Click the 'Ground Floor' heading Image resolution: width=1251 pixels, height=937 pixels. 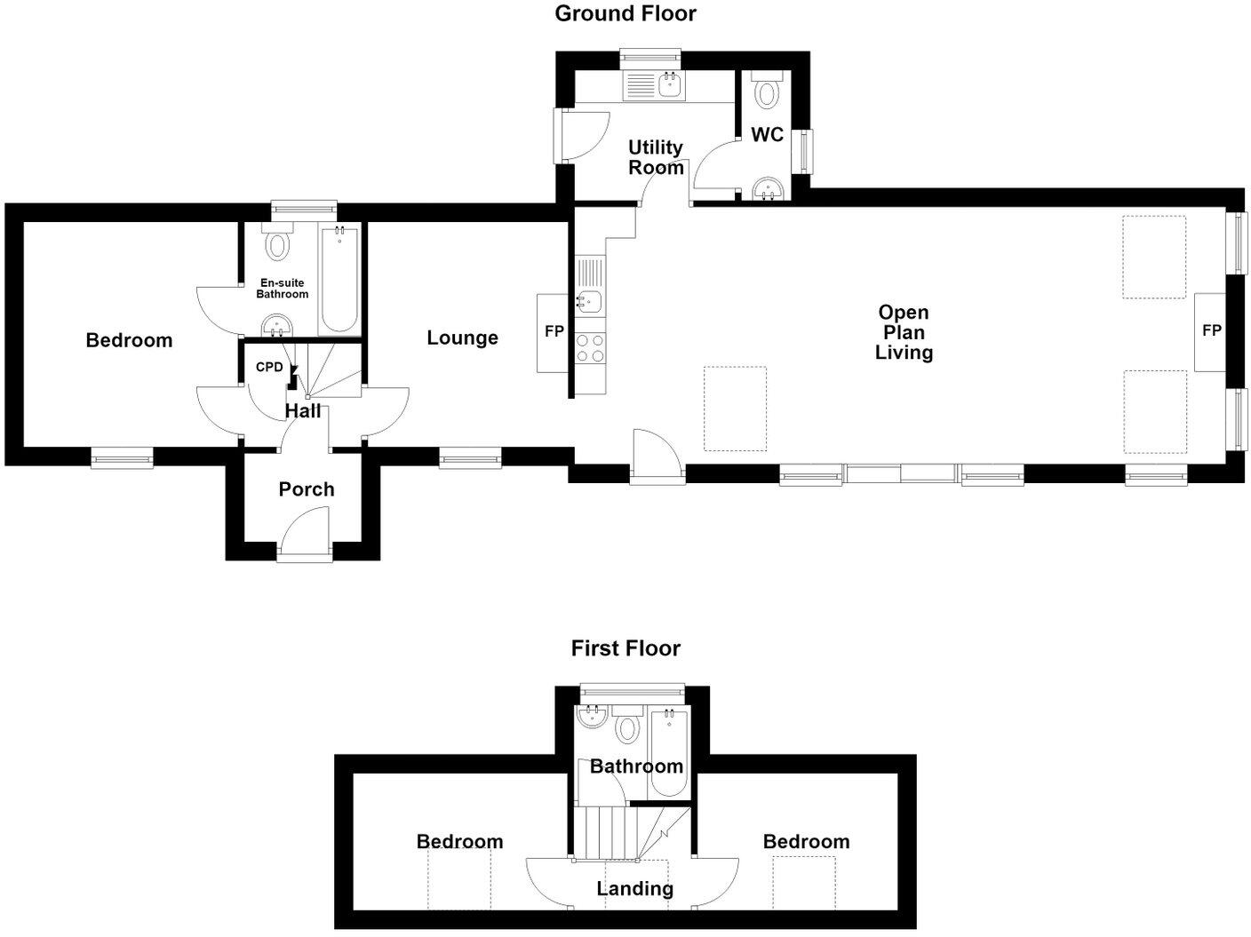pyautogui.click(x=625, y=13)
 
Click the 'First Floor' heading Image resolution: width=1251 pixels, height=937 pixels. pyautogui.click(x=625, y=648)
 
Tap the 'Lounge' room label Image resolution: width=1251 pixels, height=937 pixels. pyautogui.click(x=462, y=337)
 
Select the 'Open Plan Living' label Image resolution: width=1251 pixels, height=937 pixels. pyautogui.click(x=904, y=332)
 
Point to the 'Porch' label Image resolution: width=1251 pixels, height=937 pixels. pyautogui.click(x=306, y=489)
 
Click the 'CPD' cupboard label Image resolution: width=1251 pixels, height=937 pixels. pyautogui.click(x=269, y=368)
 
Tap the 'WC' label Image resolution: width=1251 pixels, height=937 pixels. pyautogui.click(x=767, y=135)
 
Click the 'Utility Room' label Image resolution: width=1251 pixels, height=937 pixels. pyautogui.click(x=656, y=157)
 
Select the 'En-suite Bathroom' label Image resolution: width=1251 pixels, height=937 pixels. pyautogui.click(x=283, y=289)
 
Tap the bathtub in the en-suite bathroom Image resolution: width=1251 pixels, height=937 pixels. pyautogui.click(x=339, y=280)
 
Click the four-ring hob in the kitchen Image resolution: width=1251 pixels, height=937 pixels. pyautogui.click(x=590, y=348)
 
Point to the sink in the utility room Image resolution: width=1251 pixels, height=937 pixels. pyautogui.click(x=670, y=85)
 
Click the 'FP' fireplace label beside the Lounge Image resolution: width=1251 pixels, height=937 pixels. pyautogui.click(x=554, y=331)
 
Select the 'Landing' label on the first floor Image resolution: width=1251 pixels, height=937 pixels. pyautogui.click(x=635, y=888)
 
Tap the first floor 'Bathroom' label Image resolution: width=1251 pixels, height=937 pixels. pyautogui.click(x=636, y=766)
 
